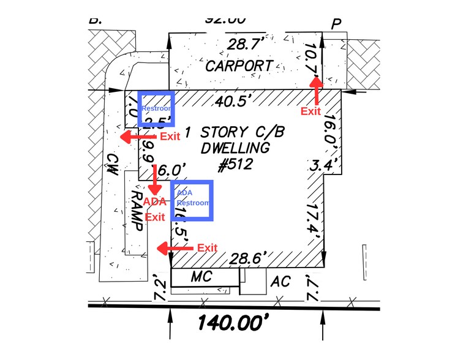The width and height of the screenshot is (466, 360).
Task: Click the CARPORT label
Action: [238, 66]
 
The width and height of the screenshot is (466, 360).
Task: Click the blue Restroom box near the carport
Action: [156, 108]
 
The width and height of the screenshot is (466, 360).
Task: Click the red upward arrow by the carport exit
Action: [316, 90]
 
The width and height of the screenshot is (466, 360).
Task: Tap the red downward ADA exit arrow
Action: [156, 178]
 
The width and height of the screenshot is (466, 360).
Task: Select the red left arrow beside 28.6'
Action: [171, 248]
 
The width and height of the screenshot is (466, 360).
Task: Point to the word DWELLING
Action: [236, 148]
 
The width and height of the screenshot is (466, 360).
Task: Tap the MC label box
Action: [201, 277]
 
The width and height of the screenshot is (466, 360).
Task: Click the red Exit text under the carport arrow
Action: [311, 111]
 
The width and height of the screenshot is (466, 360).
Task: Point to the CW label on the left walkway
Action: [112, 164]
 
